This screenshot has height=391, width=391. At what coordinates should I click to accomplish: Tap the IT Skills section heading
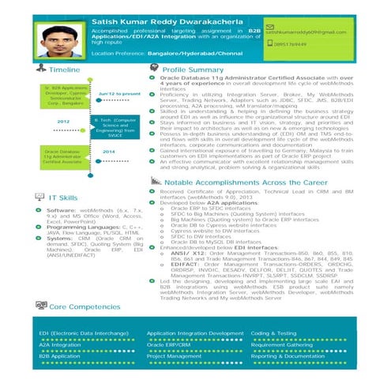(x=62, y=196)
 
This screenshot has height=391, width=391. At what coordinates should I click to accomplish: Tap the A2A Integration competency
(x=55, y=344)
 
